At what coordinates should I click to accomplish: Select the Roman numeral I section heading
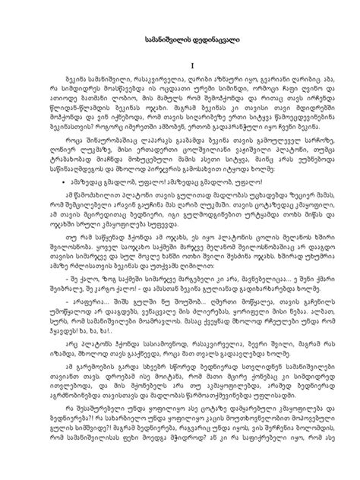click(x=180, y=66)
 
